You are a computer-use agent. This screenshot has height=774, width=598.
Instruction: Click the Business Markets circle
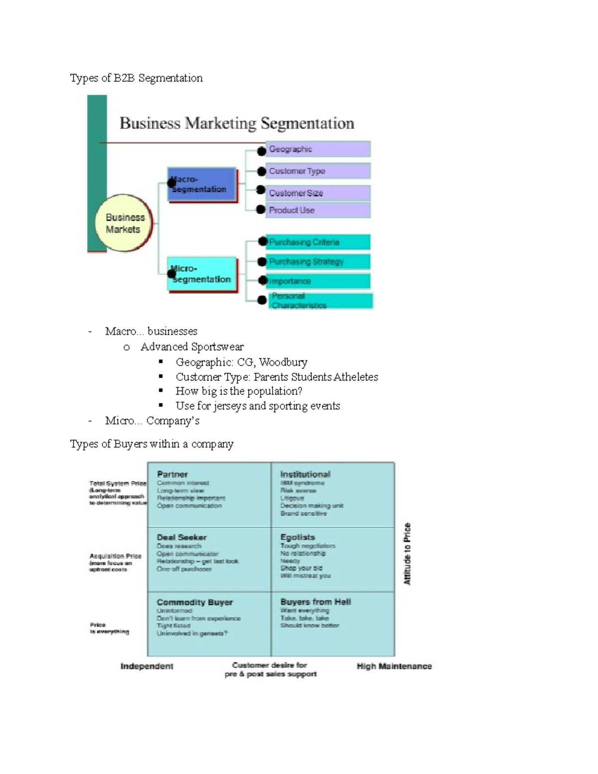123,223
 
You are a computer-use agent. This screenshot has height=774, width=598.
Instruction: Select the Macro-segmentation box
202,184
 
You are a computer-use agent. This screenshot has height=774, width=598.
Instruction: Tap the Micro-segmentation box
202,274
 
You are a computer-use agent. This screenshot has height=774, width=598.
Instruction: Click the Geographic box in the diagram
318,149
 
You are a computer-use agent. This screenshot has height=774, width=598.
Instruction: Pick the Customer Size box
318,193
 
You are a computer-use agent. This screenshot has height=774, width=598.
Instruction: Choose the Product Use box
318,210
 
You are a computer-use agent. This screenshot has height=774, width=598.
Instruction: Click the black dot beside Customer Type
261,171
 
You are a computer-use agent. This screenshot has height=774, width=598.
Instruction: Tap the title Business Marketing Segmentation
237,123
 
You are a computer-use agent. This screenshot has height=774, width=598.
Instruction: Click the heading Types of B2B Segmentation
136,78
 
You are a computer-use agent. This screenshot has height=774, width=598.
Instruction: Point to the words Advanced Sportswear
192,347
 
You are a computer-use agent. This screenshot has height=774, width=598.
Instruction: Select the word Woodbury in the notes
283,362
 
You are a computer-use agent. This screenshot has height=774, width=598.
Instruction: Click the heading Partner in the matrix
172,474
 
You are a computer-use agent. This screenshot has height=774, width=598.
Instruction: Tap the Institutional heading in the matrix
305,474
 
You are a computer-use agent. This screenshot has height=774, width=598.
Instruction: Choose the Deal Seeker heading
181,537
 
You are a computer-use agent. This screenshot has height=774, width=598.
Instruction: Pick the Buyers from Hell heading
315,602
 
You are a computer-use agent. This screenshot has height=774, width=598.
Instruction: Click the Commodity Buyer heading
194,602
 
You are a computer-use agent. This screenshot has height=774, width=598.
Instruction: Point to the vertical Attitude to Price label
407,554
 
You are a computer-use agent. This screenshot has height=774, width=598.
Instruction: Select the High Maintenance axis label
394,666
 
